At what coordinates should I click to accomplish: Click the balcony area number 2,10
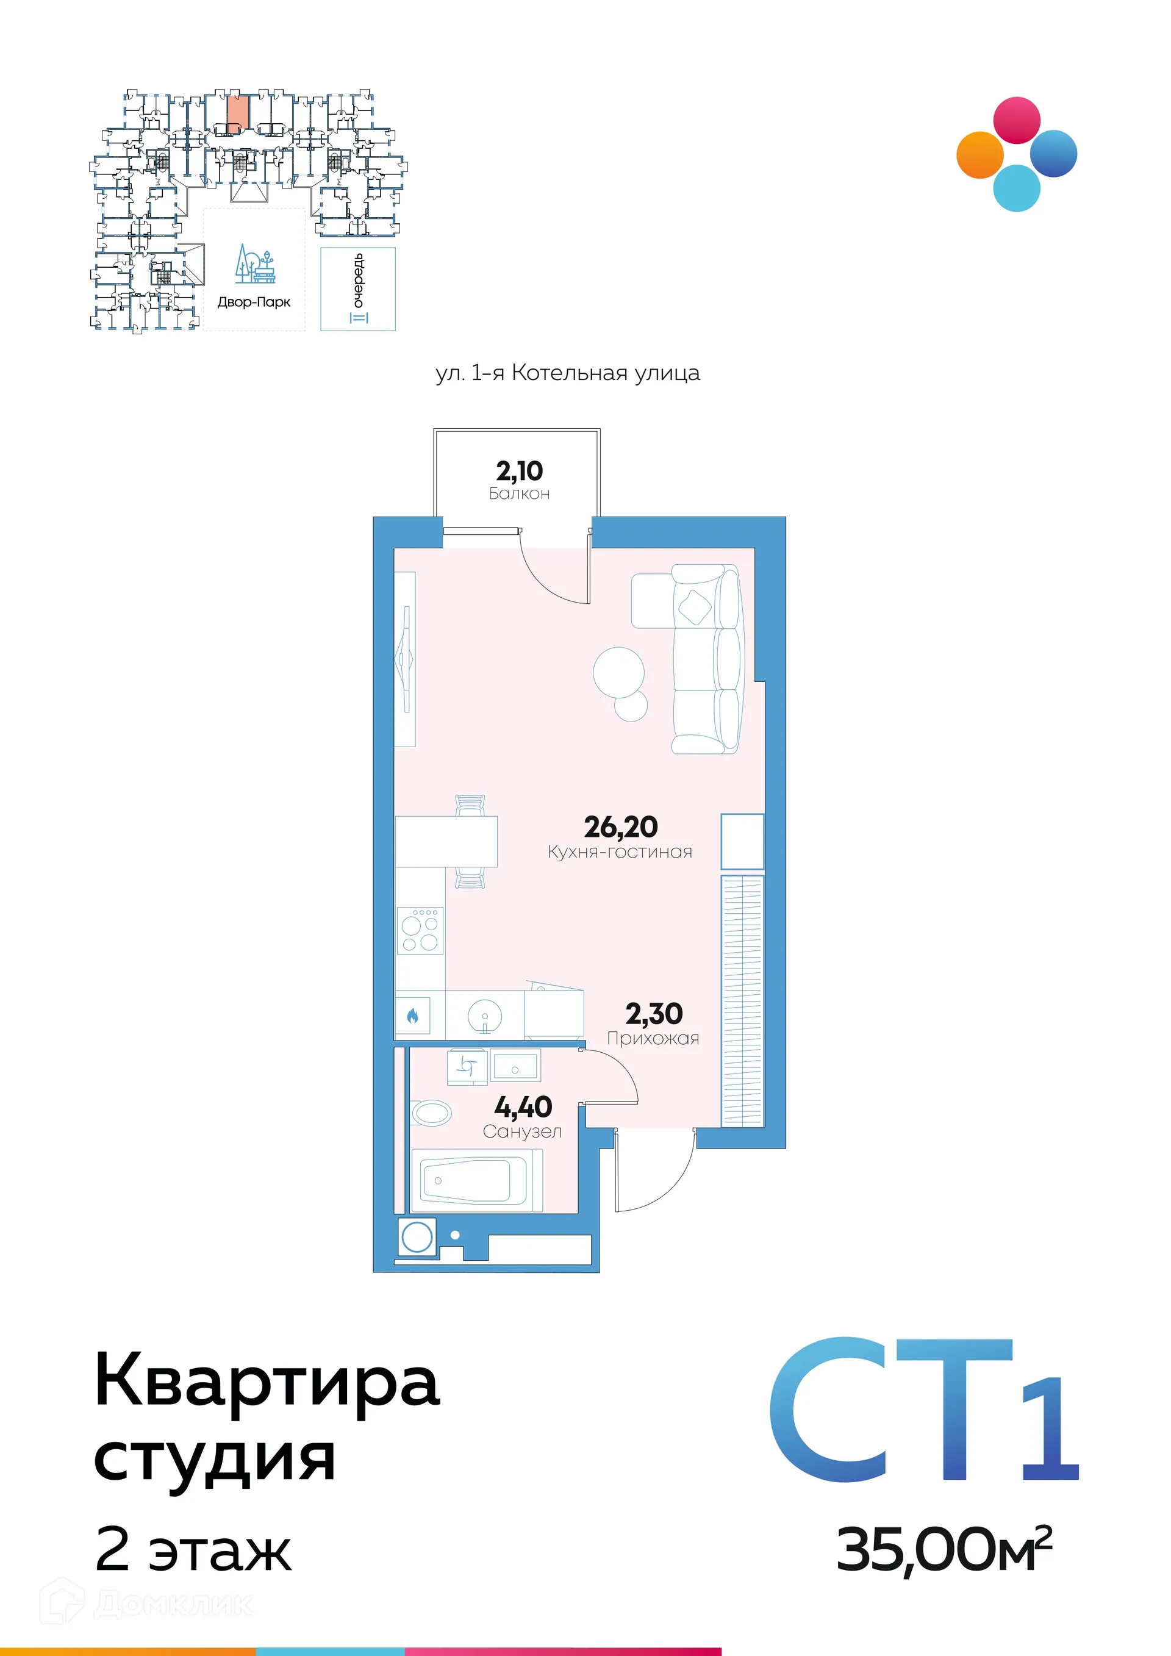click(519, 471)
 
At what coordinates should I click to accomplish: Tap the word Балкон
click(519, 494)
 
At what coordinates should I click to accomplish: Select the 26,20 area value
click(620, 826)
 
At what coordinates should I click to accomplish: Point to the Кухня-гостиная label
click(620, 852)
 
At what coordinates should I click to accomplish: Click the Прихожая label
click(653, 1039)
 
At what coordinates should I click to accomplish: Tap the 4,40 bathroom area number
click(523, 1107)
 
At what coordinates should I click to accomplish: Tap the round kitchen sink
click(484, 1016)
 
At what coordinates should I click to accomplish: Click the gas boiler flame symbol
click(412, 1016)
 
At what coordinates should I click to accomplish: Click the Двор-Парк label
click(254, 302)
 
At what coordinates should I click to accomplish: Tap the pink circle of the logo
click(1017, 120)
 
